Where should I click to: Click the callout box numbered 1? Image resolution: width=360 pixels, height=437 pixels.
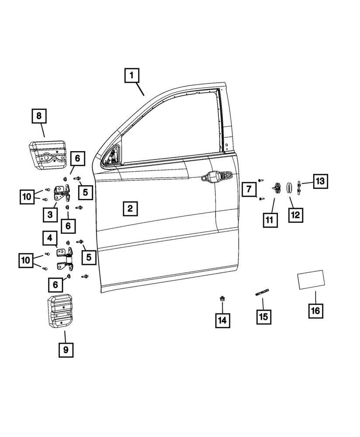[132, 76]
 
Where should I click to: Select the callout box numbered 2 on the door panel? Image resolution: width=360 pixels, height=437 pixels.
[130, 208]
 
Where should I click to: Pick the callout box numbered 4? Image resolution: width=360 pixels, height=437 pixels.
[50, 239]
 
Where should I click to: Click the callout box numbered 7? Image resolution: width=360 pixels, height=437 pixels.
[249, 190]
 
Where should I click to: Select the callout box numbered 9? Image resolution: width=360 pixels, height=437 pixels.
[66, 349]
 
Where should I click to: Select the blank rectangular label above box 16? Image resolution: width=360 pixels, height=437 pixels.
[310, 279]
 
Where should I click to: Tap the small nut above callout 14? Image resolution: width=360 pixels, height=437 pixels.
[222, 299]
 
